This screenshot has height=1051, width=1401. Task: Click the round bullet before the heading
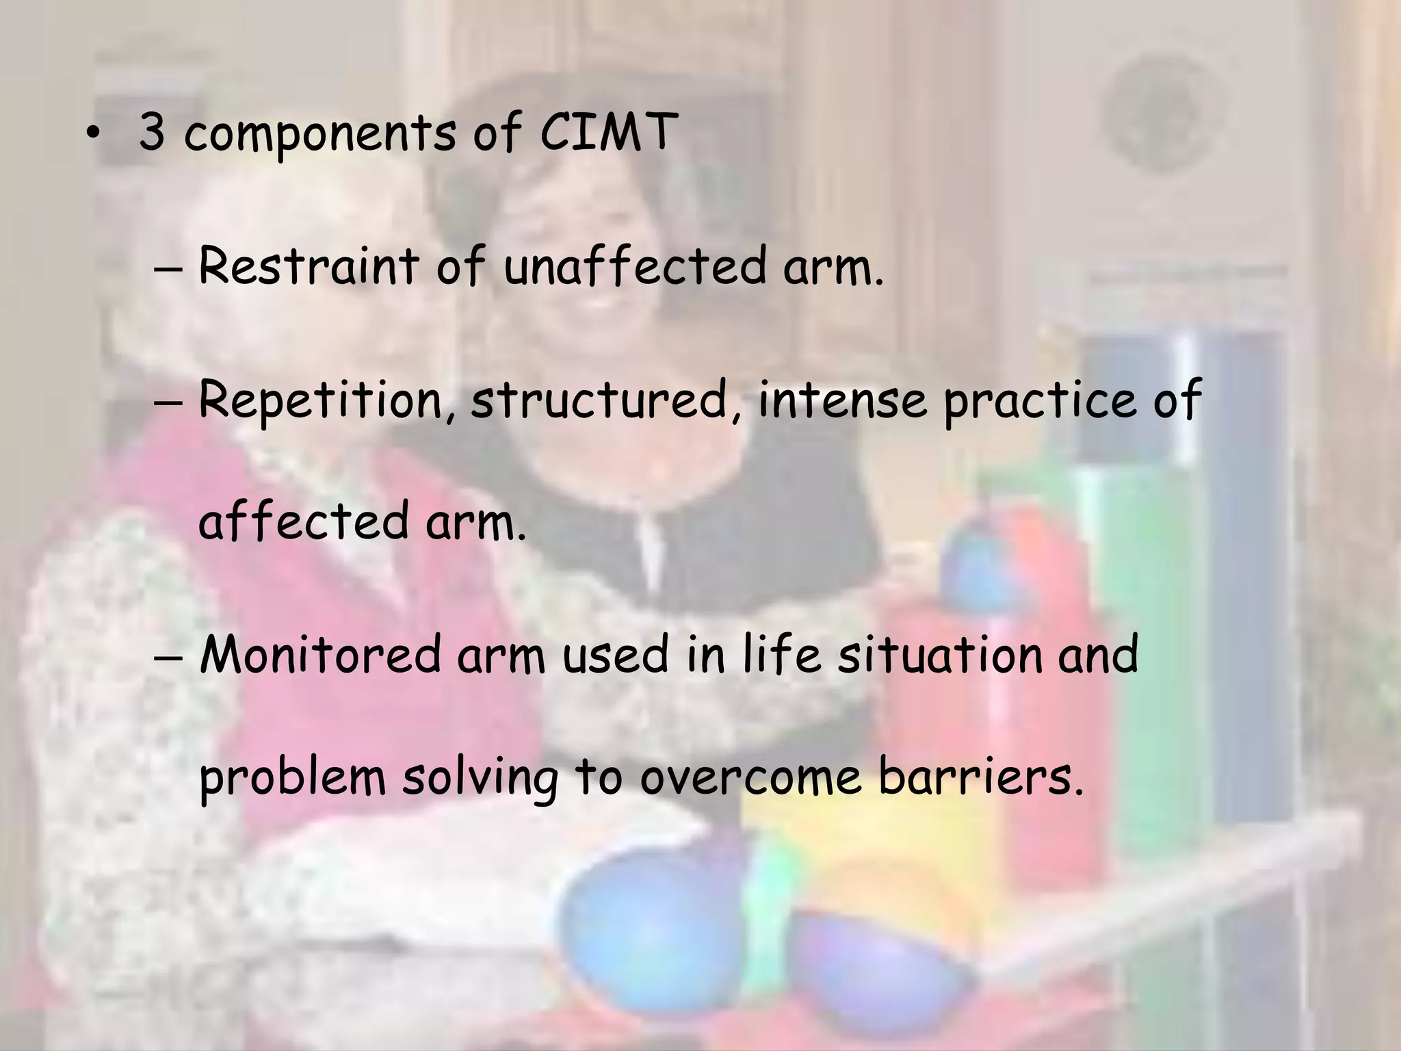[92, 133]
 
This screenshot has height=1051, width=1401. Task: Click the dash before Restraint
[168, 269]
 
